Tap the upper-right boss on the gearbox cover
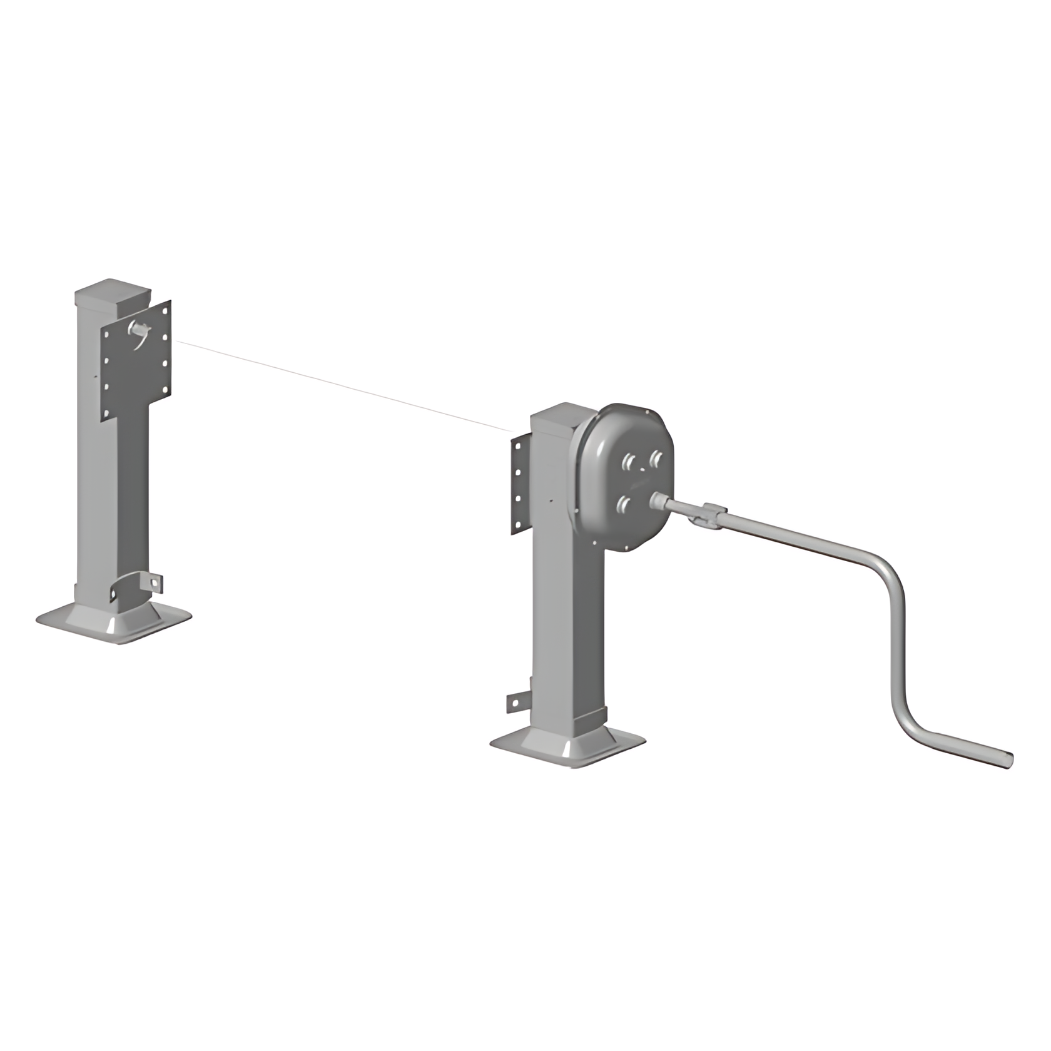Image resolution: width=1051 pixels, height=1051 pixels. click(x=655, y=459)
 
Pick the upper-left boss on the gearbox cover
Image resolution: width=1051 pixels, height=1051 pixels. click(x=628, y=462)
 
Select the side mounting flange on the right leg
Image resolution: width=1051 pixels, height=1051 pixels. click(x=519, y=485)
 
